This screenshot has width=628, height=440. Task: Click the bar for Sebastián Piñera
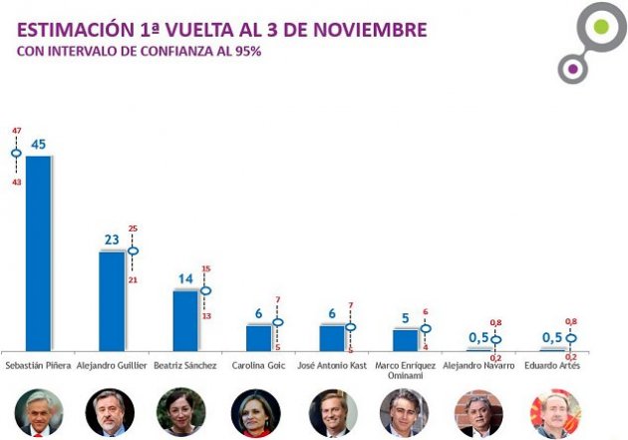coord(38,253)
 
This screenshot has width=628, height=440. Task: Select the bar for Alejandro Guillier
coord(112,300)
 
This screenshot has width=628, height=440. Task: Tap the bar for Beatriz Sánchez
coord(185,320)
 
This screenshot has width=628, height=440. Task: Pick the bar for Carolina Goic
coord(258,337)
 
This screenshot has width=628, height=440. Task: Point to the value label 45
coord(39,144)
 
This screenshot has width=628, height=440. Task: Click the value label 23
coord(112,239)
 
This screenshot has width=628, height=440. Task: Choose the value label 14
coord(184,279)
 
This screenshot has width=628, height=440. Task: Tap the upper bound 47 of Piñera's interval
coord(16,131)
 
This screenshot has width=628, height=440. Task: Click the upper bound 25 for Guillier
coord(134,228)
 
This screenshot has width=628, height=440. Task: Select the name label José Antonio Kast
coord(332,366)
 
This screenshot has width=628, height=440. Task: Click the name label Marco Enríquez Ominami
coord(404,371)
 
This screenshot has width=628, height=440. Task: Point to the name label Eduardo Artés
coord(550,366)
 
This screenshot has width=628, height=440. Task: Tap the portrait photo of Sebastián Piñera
coord(39,411)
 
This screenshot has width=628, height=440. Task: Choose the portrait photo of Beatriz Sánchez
coord(181,411)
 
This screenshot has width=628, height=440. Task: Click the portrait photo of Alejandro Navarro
coord(478,412)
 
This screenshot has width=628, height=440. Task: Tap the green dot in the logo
coord(600,27)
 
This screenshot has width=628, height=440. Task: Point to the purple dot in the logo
coord(572,69)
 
